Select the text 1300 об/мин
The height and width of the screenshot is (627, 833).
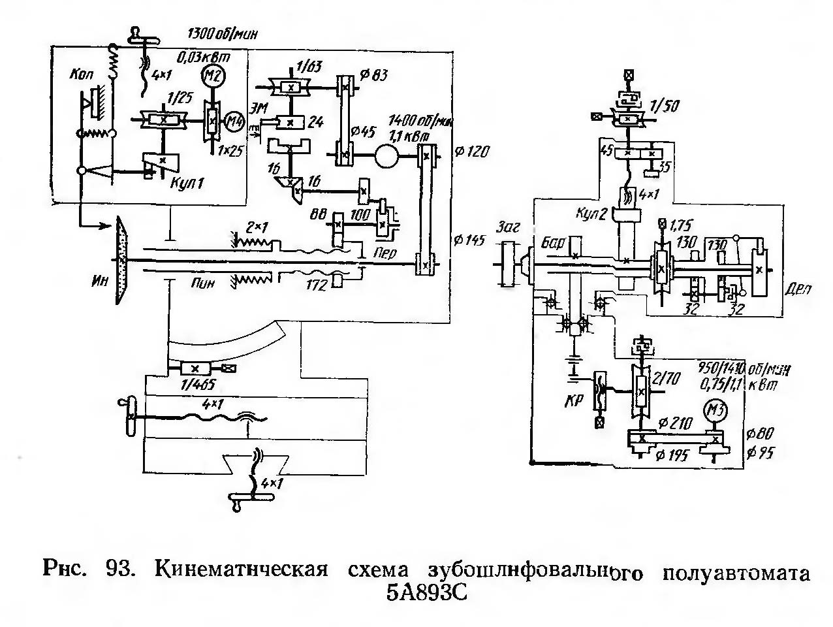click(221, 34)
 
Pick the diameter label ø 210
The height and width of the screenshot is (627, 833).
click(676, 425)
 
